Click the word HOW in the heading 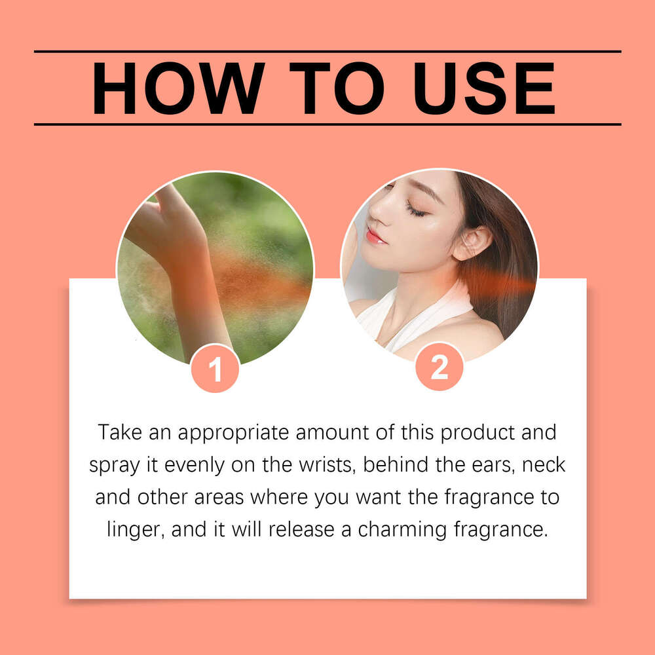[178, 88]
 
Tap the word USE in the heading [484, 88]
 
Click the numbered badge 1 [215, 369]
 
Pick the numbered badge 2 [440, 367]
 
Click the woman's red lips [375, 236]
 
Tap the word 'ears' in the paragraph [494, 464]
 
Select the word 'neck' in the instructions [544, 464]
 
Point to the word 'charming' [402, 530]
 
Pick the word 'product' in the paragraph [477, 433]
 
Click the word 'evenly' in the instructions [195, 466]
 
